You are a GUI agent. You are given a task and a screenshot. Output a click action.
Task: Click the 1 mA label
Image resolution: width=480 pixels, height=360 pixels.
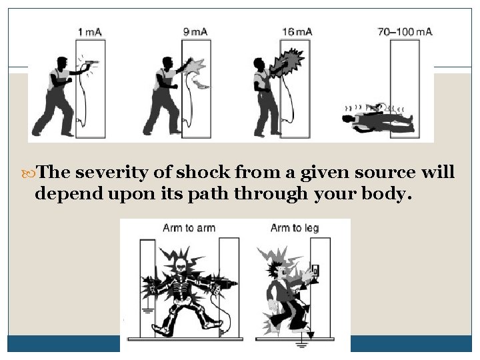[x=90, y=32]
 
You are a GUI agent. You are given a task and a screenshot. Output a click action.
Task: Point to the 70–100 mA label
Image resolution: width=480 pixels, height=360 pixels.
[x=405, y=32]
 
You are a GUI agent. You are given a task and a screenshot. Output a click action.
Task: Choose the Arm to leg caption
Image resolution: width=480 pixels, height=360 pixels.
[x=295, y=229]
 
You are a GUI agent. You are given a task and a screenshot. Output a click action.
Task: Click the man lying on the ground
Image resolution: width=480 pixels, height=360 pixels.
[x=377, y=121]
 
